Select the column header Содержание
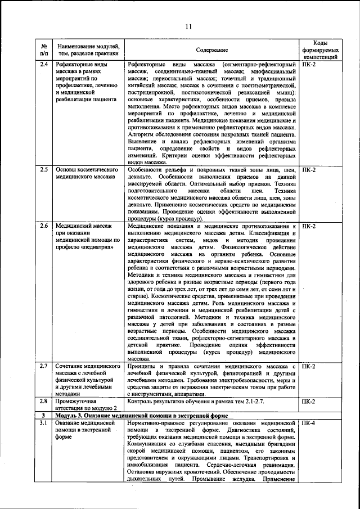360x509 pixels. (x=212, y=50)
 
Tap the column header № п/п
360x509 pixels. (x=43, y=49)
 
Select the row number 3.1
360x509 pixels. (x=43, y=422)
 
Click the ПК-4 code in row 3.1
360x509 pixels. (x=309, y=422)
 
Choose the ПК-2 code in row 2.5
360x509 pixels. (x=309, y=169)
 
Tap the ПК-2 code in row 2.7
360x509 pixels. (x=309, y=366)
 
